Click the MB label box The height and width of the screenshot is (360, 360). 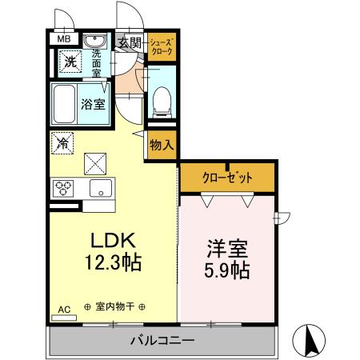pos(62,38)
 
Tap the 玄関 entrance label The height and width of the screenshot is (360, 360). pos(130,42)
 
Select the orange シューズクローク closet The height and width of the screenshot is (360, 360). pos(162,46)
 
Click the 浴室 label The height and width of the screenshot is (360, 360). pos(92,102)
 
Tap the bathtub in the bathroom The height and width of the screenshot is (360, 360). pos(65,102)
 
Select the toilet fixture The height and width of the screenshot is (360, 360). pos(161,98)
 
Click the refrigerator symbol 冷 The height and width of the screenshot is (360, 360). pos(62,145)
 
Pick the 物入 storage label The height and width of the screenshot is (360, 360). pos(161,144)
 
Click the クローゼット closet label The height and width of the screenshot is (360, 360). pos(227,177)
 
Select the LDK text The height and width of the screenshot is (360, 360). pos(113,239)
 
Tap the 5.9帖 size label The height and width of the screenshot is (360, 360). pos(225,270)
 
